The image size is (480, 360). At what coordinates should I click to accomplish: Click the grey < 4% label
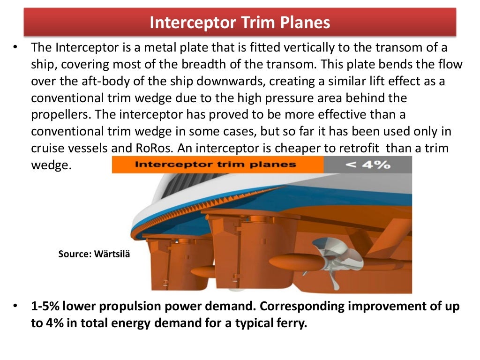(x=367, y=165)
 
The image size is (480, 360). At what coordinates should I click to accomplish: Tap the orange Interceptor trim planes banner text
(x=215, y=165)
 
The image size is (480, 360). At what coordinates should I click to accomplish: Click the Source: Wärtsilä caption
(x=94, y=254)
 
